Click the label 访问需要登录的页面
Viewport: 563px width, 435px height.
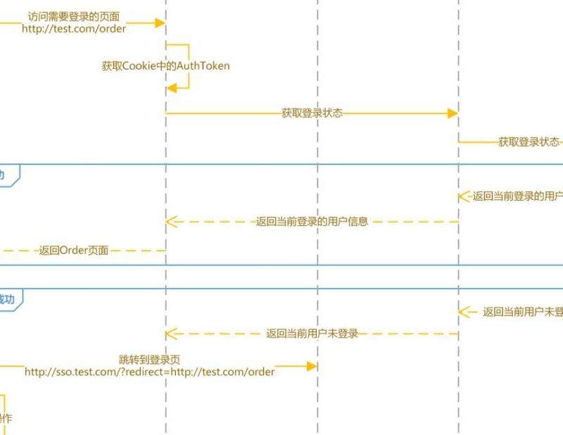(x=73, y=16)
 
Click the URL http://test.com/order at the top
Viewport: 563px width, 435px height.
(x=74, y=29)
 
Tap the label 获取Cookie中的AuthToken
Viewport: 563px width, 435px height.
(x=165, y=66)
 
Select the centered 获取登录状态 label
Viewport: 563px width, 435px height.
(x=312, y=113)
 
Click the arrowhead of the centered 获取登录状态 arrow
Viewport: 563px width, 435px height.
(x=454, y=113)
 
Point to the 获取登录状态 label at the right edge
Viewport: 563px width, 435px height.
(x=529, y=141)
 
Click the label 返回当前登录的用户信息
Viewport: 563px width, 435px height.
(x=312, y=222)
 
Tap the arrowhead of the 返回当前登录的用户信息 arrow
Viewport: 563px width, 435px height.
(x=170, y=222)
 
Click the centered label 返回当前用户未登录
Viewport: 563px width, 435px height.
(x=312, y=334)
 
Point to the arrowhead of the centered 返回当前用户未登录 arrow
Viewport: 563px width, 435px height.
(x=170, y=334)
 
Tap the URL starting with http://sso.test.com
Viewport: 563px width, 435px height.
(x=150, y=372)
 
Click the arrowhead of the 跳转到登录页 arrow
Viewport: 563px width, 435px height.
(x=313, y=366)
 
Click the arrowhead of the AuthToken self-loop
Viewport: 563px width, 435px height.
(x=171, y=87)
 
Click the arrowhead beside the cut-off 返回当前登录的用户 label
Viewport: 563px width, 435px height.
(x=463, y=196)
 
